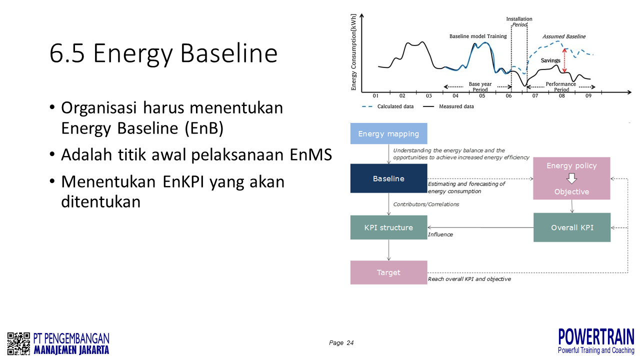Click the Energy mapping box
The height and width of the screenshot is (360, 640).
[388, 133]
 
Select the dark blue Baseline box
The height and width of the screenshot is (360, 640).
[388, 178]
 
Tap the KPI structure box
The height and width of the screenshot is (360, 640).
[388, 227]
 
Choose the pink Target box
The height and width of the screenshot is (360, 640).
[388, 272]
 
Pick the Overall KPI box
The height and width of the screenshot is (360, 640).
[572, 227]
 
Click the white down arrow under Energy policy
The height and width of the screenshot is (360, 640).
[571, 179]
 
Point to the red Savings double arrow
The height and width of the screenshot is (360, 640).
[564, 60]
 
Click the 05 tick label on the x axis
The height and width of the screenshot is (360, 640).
[482, 95]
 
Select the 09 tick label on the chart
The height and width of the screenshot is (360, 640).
[588, 95]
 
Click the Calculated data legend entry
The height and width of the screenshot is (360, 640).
[387, 106]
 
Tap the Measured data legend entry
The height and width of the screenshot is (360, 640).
[448, 106]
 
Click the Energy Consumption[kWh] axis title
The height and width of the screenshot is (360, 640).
[353, 52]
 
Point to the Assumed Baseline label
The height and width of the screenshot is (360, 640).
[564, 36]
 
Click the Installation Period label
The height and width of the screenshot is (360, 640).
[519, 21]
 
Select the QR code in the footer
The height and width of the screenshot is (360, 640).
[18, 343]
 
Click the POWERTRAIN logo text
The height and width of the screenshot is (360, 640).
[596, 337]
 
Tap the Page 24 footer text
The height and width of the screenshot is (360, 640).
[341, 342]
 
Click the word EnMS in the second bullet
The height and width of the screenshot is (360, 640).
[311, 154]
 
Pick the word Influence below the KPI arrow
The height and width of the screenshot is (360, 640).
[440, 234]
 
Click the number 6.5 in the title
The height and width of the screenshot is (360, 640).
[67, 53]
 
